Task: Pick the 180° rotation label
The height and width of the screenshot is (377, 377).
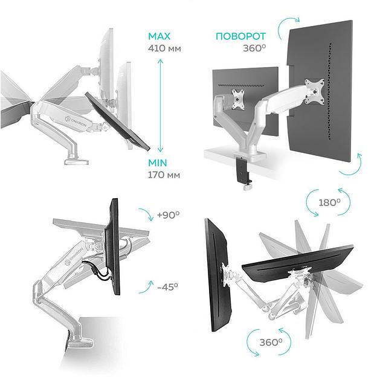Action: click(329, 203)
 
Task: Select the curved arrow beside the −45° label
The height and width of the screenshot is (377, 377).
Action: click(146, 286)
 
